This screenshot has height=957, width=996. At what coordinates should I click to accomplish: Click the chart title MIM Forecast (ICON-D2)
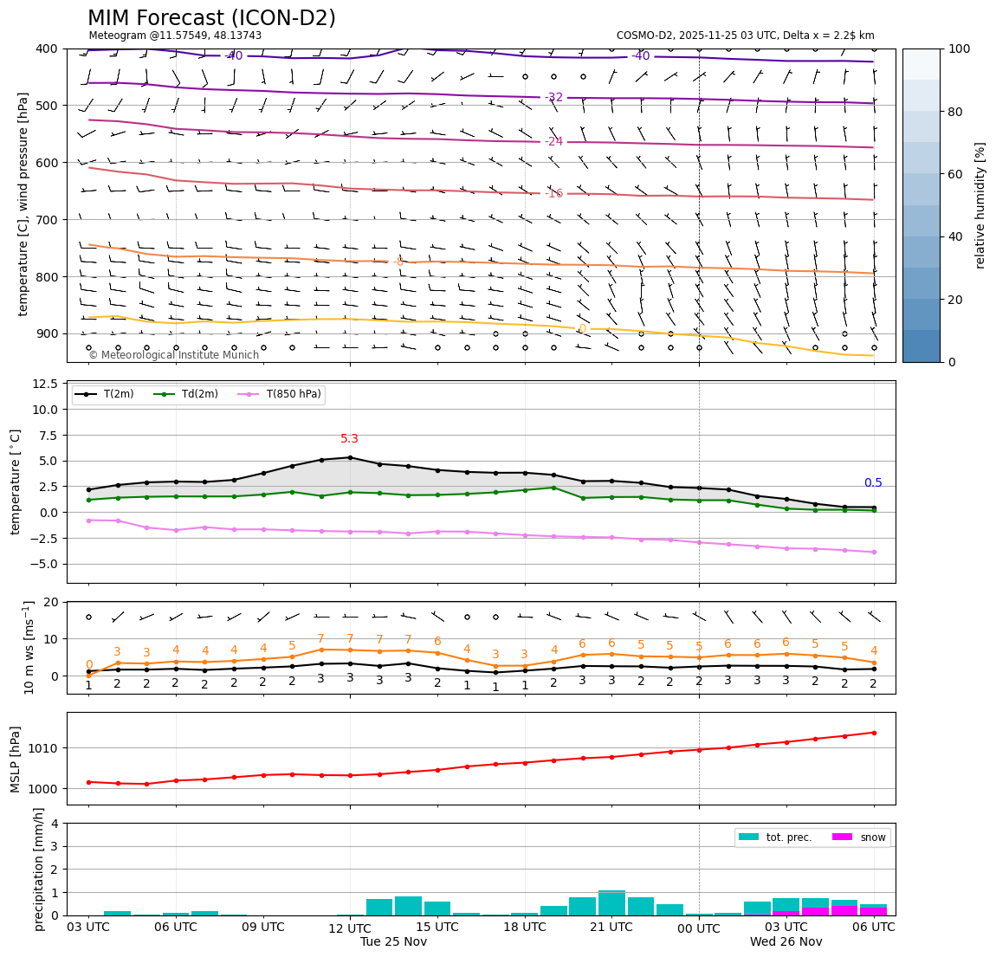[x=211, y=18]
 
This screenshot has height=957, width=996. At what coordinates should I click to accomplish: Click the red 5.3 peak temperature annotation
[x=349, y=439]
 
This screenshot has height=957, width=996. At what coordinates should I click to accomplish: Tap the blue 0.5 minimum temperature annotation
[x=873, y=483]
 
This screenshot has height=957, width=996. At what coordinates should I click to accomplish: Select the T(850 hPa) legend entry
[x=290, y=395]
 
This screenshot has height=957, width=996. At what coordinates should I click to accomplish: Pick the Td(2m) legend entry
[x=200, y=395]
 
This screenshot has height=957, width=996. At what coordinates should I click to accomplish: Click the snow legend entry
[x=872, y=837]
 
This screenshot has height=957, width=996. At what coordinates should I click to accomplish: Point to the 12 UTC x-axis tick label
[x=350, y=928]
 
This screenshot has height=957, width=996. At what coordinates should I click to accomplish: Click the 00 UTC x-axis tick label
[x=698, y=928]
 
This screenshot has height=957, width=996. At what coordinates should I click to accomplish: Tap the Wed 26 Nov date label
[x=786, y=942]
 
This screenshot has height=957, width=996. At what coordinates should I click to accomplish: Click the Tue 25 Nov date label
[x=393, y=942]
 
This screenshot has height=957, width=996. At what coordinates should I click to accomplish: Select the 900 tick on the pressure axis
[x=48, y=334]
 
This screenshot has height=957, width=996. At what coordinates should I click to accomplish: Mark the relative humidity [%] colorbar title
[x=980, y=205]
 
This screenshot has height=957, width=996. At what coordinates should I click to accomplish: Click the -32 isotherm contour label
[x=553, y=97]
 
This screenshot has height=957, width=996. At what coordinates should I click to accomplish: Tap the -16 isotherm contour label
[x=553, y=193]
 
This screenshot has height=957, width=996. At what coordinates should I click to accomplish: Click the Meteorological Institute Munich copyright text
[x=174, y=355]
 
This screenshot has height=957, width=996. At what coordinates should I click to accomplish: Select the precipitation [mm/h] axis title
[x=39, y=870]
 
